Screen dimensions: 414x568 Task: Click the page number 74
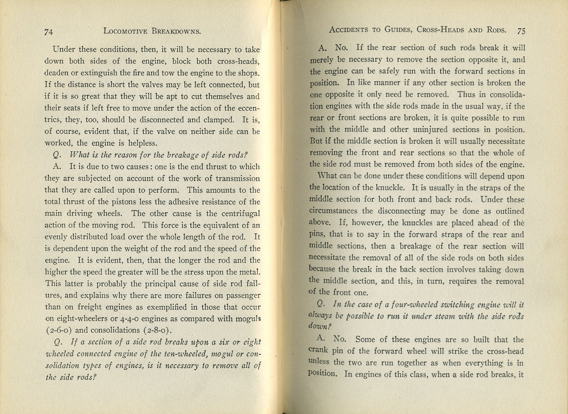pos(49,32)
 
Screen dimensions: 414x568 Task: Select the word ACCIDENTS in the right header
pos(349,30)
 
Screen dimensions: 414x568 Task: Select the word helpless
pos(144,143)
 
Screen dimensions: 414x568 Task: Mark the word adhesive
pos(184,202)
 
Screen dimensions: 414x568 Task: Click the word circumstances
pos(333,211)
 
